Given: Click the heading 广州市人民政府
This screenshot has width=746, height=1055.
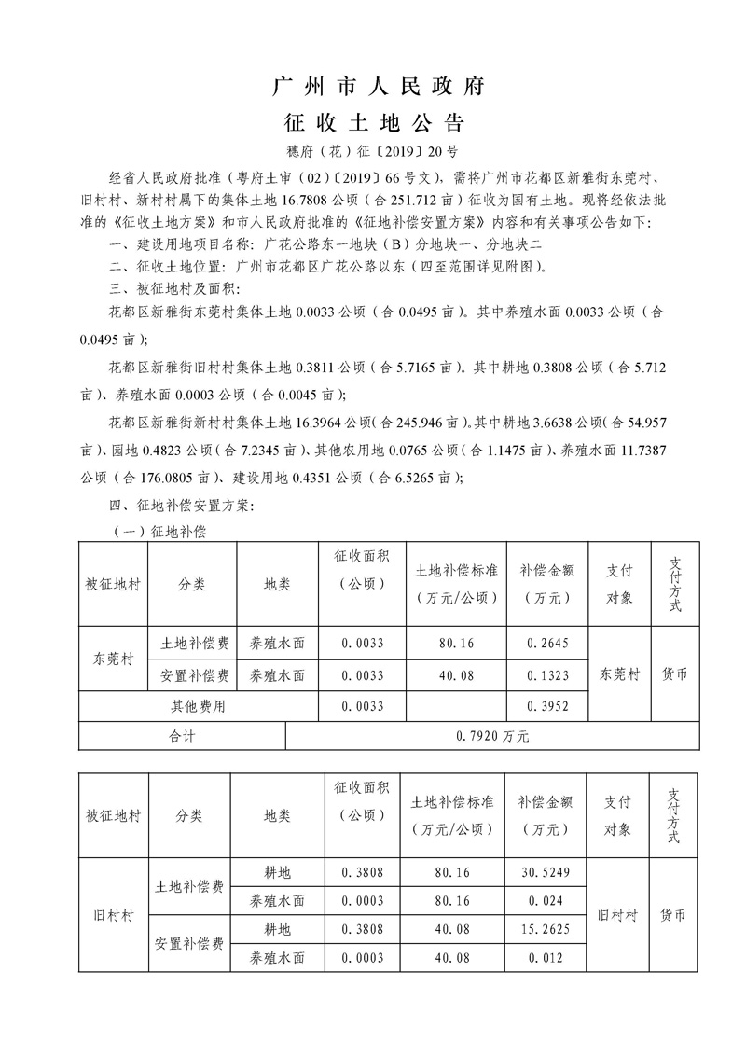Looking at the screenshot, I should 376,88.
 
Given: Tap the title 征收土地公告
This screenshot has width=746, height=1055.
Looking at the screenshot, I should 375,123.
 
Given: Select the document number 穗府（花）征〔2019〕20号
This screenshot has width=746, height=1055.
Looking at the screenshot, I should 375,150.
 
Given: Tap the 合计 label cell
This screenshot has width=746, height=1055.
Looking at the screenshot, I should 182,736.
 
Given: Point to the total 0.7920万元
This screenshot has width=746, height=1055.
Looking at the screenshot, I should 492,736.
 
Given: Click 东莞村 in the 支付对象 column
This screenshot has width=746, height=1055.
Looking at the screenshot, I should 619,674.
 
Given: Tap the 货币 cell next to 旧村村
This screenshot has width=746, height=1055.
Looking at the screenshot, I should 672,915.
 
